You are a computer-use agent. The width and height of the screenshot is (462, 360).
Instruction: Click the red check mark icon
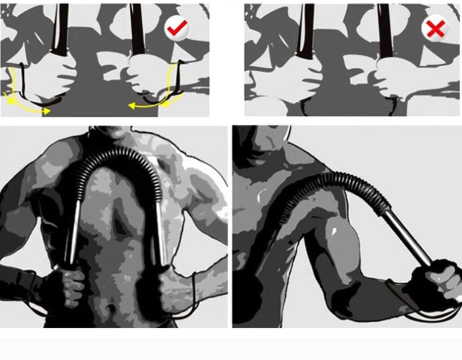[176, 29]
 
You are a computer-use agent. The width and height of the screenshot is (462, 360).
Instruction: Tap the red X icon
[435, 29]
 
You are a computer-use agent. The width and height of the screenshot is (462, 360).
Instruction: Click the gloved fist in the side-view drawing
[434, 281]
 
